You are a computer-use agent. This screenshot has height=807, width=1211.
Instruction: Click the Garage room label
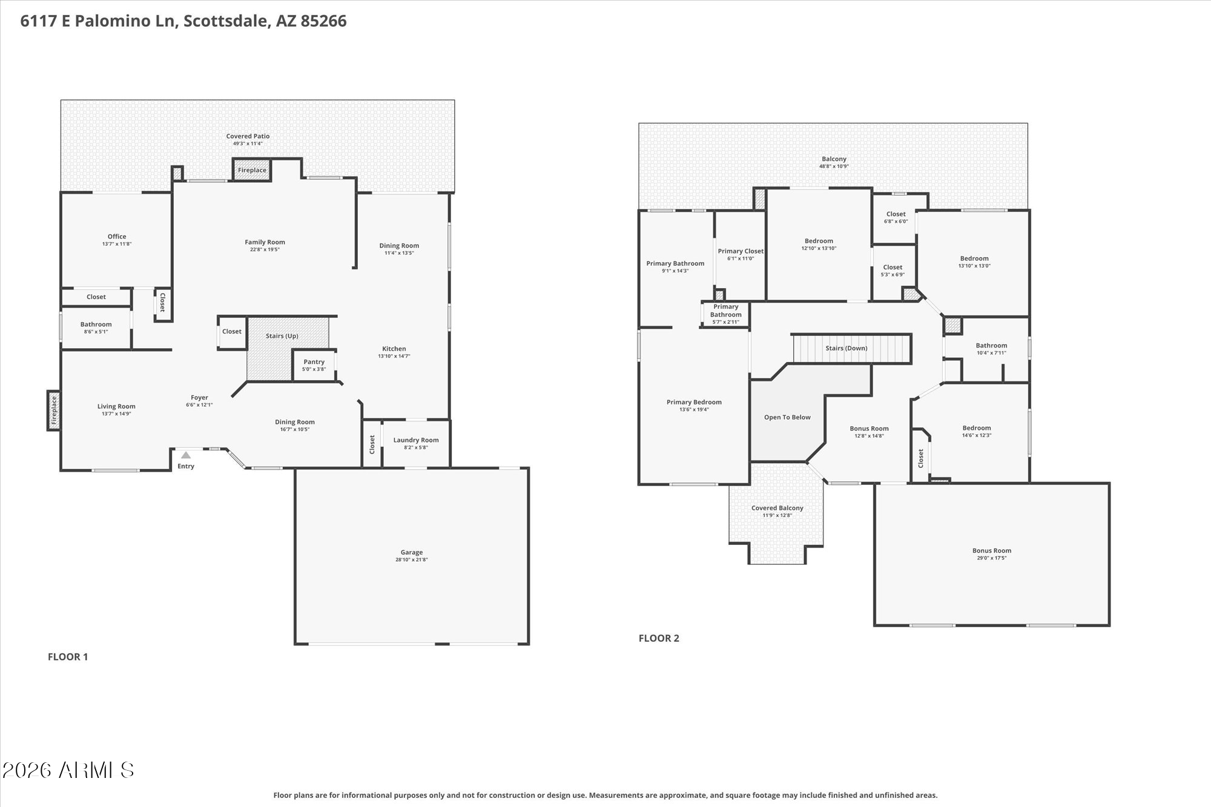pyautogui.click(x=411, y=552)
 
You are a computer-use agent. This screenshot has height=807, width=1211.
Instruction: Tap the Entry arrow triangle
pyautogui.click(x=186, y=455)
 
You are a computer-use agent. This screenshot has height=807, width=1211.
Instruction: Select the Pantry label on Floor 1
pyautogui.click(x=314, y=362)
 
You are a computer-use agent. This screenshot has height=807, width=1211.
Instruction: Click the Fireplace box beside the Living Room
pyautogui.click(x=54, y=410)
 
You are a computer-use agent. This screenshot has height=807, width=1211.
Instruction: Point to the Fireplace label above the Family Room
pyautogui.click(x=252, y=170)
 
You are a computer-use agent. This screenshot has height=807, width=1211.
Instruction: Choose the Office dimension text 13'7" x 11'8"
pyautogui.click(x=117, y=244)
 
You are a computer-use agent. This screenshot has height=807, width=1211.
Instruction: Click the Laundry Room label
pyautogui.click(x=416, y=440)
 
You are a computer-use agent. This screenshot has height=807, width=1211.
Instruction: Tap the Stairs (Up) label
pyautogui.click(x=282, y=336)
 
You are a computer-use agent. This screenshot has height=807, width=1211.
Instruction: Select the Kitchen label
pyautogui.click(x=394, y=349)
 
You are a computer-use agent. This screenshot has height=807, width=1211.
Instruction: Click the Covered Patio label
pyautogui.click(x=248, y=136)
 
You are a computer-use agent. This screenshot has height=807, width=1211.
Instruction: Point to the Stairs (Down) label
pyautogui.click(x=846, y=348)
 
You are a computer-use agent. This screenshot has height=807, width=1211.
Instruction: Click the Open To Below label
pyautogui.click(x=787, y=417)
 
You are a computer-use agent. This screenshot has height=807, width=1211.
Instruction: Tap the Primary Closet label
pyautogui.click(x=741, y=251)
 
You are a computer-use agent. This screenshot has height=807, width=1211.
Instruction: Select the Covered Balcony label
pyautogui.click(x=777, y=508)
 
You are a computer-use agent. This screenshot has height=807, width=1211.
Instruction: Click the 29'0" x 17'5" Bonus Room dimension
pyautogui.click(x=991, y=558)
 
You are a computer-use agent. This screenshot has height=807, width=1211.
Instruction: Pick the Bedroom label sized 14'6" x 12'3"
pyautogui.click(x=976, y=428)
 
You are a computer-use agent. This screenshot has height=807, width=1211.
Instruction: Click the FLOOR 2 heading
pyautogui.click(x=659, y=638)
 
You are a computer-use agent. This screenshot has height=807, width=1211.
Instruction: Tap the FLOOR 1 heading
pyautogui.click(x=68, y=657)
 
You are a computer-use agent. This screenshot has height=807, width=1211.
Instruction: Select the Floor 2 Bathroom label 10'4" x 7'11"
pyautogui.click(x=991, y=346)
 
